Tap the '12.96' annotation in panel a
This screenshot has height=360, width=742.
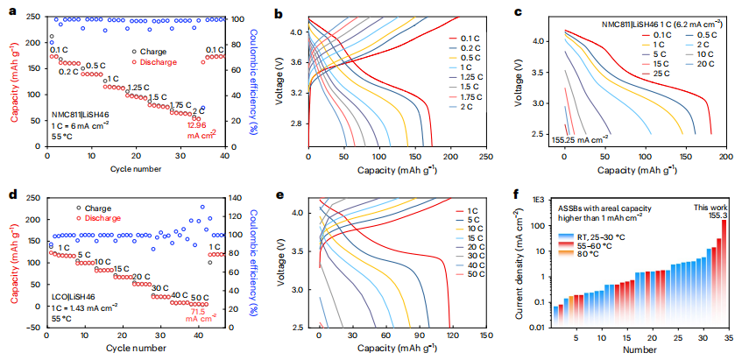tap(199, 124)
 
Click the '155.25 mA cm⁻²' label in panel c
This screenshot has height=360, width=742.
tap(581, 139)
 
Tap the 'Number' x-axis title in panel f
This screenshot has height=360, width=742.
tap(640, 350)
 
